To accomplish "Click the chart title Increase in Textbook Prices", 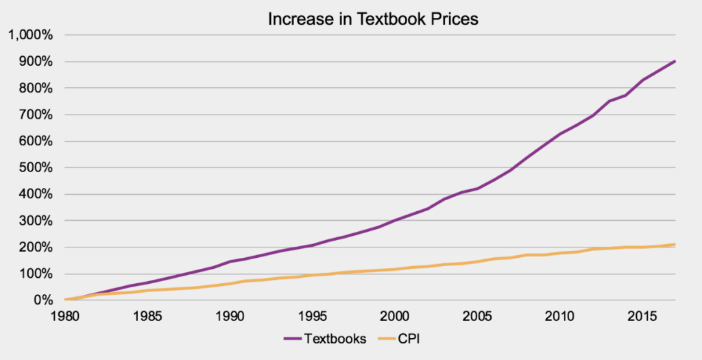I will pos(373,19).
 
